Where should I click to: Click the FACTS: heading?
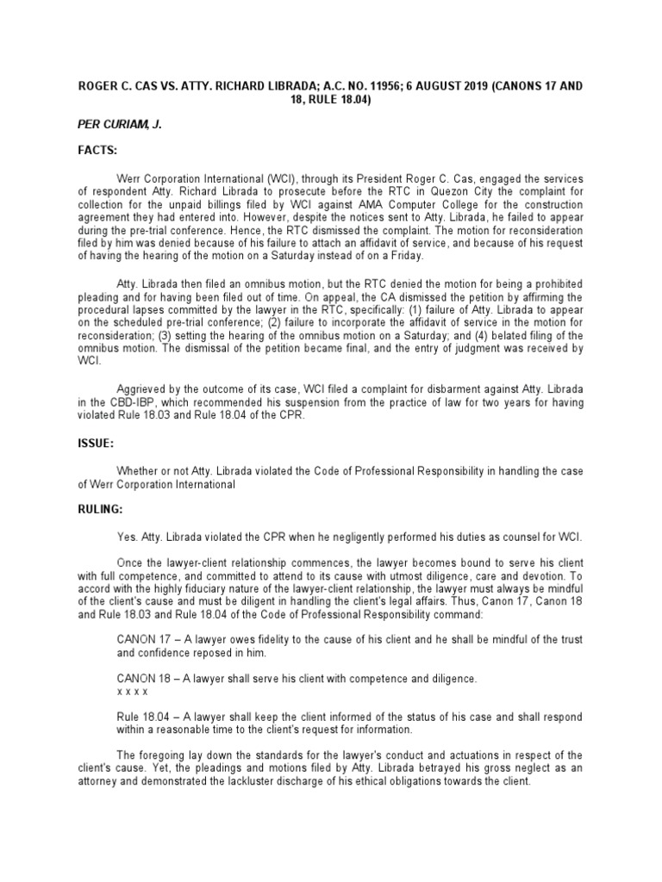pos(97,150)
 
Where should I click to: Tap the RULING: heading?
pos(101,510)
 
